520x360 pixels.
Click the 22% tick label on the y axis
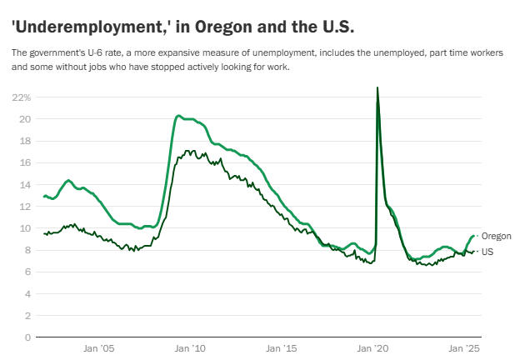[21, 97]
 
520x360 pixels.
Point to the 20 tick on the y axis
[24, 119]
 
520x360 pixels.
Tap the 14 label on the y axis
[24, 184]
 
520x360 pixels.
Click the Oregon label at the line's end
[497, 236]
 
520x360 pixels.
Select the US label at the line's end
[488, 251]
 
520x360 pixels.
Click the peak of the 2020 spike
[377, 87]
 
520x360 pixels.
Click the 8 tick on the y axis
[27, 250]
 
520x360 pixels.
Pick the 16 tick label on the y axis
[24, 162]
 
